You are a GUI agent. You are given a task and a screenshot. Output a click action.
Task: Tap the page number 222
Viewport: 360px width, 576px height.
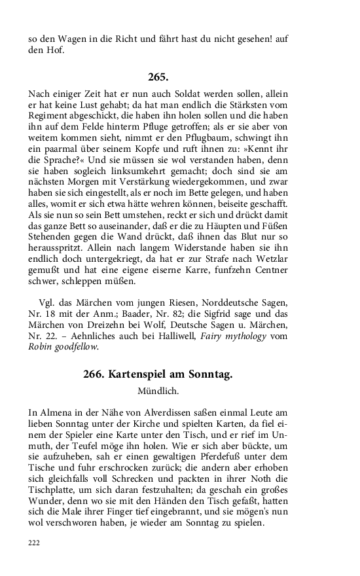point(34,561)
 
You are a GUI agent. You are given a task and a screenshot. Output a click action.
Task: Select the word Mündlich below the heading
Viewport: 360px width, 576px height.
point(158,391)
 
